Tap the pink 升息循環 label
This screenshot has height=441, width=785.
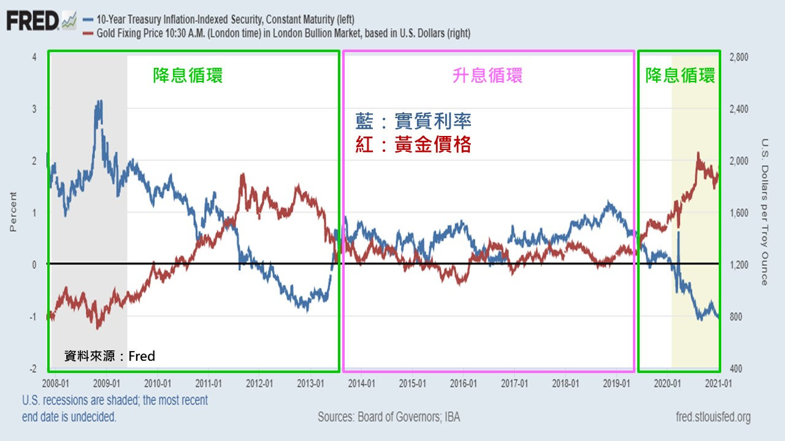click(487, 75)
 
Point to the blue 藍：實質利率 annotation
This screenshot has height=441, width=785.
click(413, 121)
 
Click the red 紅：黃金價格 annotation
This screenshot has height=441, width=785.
click(413, 145)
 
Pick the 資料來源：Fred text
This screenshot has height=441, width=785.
click(110, 356)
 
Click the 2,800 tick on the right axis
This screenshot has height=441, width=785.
click(738, 57)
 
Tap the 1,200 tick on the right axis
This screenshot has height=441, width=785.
click(738, 265)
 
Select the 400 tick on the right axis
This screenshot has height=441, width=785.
click(736, 369)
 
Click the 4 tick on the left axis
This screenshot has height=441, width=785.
click(34, 57)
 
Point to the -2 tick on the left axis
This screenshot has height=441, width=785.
click(33, 369)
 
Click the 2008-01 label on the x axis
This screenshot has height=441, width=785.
click(55, 383)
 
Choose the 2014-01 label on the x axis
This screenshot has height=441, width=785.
click(361, 383)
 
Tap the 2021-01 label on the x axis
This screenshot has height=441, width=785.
click(718, 383)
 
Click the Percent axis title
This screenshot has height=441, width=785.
click(13, 212)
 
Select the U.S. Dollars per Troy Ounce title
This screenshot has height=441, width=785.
click(764, 212)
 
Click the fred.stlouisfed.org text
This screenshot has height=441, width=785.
click(712, 418)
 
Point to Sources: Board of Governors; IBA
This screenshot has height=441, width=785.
click(388, 417)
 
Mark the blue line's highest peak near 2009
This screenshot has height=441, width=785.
click(98, 102)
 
